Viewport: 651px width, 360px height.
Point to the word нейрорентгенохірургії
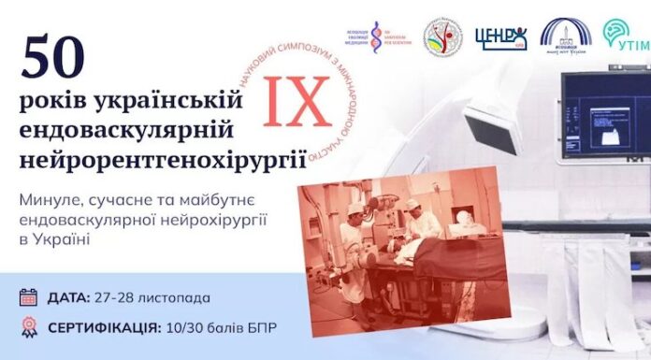pyautogui.click(x=163, y=156)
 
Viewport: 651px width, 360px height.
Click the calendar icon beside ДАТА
pyautogui.click(x=28, y=297)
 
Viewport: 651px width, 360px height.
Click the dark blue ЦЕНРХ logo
pyautogui.click(x=500, y=37)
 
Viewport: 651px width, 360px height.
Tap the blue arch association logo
pyautogui.click(x=565, y=36)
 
